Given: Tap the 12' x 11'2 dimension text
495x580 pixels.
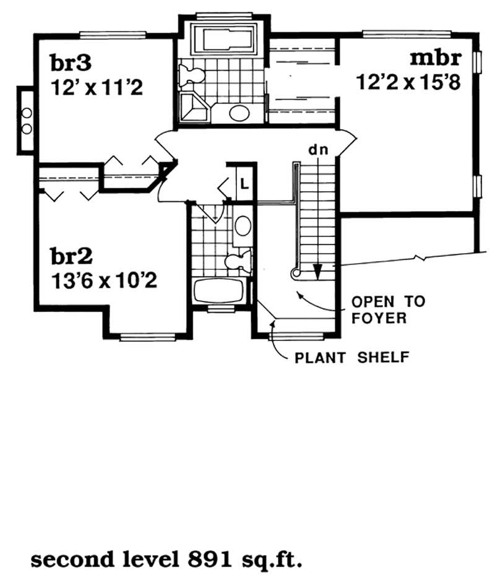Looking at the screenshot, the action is coord(97,89).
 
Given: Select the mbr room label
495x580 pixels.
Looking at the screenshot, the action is coord(436,58).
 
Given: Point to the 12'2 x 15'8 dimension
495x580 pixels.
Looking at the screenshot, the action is coord(408,82).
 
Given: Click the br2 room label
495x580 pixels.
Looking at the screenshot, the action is coord(71,256).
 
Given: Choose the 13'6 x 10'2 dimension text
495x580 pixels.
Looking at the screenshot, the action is coord(104,281).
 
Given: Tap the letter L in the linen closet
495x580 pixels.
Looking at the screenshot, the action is coord(244,183).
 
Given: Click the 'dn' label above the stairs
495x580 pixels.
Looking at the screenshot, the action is coord(318,150).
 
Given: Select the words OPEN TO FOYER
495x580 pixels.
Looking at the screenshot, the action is coord(388,309).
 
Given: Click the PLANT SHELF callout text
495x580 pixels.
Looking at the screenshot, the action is coord(352,357).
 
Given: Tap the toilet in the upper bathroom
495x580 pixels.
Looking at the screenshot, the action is coord(191,74).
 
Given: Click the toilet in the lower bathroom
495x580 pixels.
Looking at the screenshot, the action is coord(238,261).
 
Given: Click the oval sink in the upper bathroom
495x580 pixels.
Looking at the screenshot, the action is coord(239,113).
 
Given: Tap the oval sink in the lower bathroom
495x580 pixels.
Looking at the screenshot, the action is coord(242,226).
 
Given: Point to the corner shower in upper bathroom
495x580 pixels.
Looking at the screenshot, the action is coord(195,108).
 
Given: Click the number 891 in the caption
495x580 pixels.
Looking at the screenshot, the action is coord(210,560).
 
